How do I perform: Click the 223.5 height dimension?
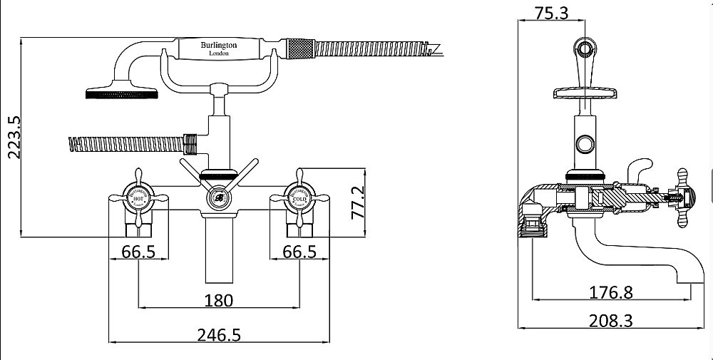[13, 137]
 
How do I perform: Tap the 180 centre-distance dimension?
[219, 299]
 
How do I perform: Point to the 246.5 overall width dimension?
[219, 334]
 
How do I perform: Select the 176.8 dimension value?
[611, 292]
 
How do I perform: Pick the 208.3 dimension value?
[611, 320]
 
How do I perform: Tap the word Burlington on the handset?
[219, 45]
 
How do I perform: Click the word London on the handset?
[219, 53]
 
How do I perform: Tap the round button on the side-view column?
[586, 144]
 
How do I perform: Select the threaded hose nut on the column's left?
[189, 144]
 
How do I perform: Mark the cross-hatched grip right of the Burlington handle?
[299, 49]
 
